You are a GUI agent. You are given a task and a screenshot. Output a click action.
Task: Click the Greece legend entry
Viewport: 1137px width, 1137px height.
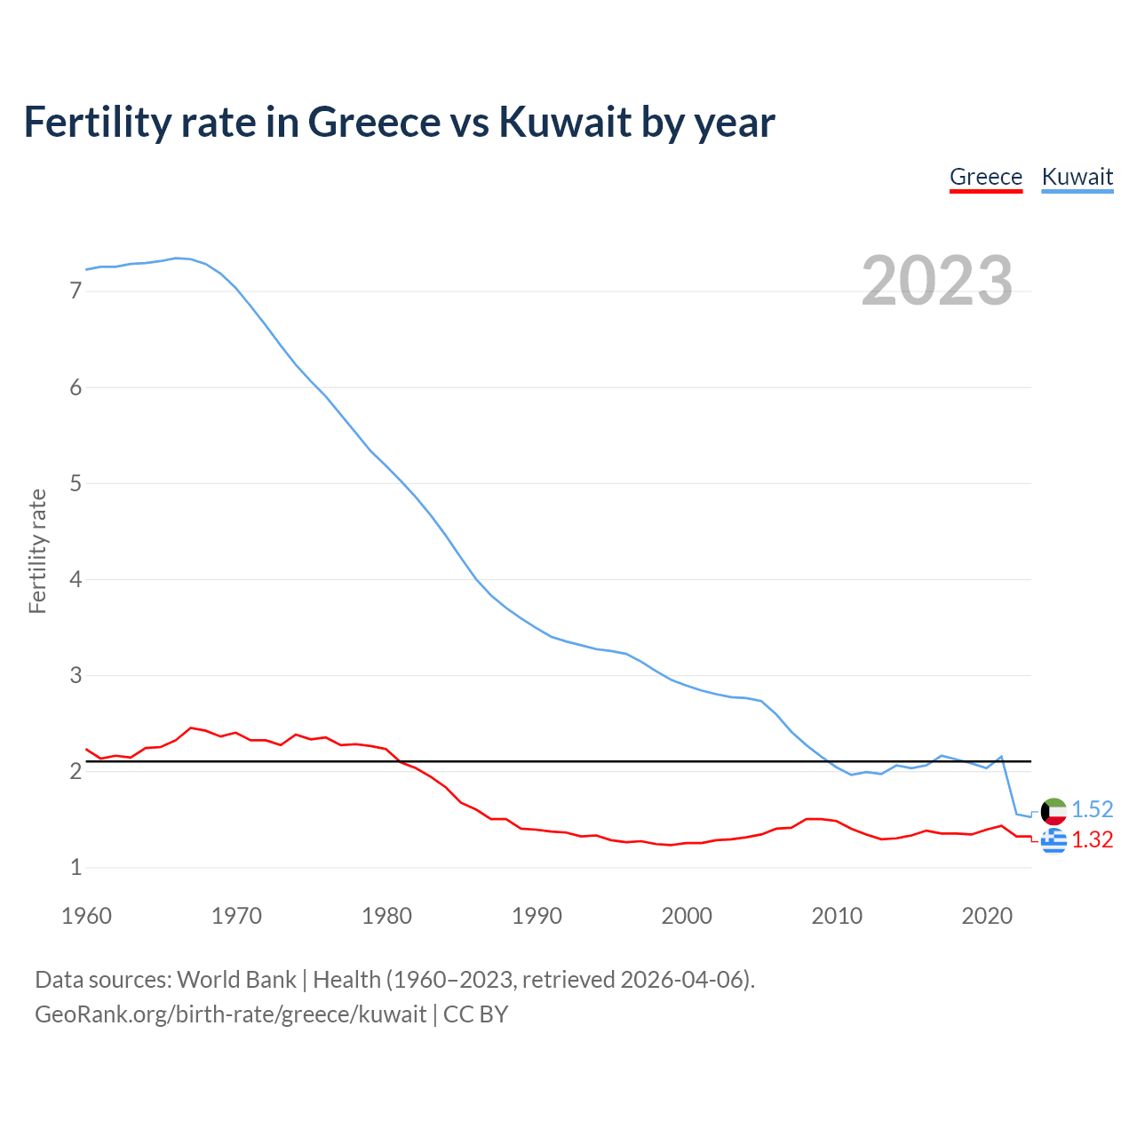[x=986, y=177]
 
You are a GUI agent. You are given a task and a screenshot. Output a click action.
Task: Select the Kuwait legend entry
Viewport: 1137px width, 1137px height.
[x=1077, y=177]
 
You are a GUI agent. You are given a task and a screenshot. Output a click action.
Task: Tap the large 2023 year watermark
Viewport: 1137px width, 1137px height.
[x=937, y=281]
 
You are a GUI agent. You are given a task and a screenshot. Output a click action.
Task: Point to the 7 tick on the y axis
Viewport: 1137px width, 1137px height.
[x=76, y=291]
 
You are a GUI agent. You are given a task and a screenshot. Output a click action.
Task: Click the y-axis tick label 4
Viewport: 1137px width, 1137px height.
[x=76, y=580]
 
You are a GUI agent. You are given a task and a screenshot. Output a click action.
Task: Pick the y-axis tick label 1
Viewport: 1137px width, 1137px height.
[x=76, y=868]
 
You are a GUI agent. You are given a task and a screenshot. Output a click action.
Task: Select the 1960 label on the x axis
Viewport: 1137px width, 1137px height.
[x=86, y=916]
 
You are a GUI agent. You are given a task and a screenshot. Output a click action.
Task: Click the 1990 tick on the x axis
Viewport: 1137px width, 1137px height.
[x=537, y=916]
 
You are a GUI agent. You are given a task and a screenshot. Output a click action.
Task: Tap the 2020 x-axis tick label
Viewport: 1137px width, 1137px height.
[x=987, y=916]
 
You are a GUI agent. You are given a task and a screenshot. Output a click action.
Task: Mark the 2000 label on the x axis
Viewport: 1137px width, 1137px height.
[x=687, y=916]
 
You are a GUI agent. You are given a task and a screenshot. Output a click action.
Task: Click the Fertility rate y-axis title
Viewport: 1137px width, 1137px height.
[x=37, y=551]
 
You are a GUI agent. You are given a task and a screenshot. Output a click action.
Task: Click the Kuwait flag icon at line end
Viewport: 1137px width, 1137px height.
[x=1054, y=810]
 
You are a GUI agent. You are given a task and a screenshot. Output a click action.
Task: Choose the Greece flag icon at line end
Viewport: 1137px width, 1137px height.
[x=1054, y=840]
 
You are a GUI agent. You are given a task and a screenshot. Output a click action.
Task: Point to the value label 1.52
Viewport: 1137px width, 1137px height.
[x=1092, y=809]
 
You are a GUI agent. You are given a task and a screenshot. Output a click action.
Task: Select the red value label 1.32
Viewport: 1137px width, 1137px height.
[x=1092, y=840]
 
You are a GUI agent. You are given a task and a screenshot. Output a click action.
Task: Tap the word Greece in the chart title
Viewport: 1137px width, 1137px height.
[x=374, y=122]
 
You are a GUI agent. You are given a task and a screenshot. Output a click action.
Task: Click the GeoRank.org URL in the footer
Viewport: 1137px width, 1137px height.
[x=230, y=1014]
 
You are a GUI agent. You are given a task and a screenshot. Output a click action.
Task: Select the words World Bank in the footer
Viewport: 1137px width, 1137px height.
[x=236, y=980]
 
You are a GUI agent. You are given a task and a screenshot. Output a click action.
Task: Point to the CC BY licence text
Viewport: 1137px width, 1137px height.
[x=475, y=1014]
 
